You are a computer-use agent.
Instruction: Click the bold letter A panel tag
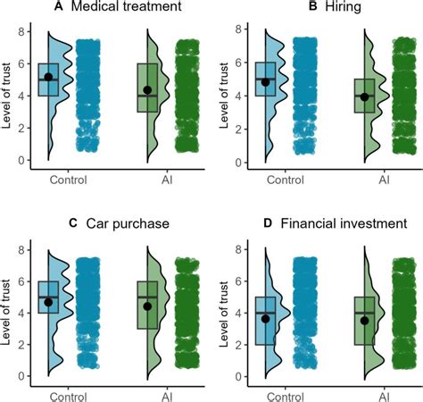tap(33, 8)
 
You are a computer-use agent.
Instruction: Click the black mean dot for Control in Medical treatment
tap(48, 77)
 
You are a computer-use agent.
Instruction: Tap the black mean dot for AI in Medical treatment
tap(147, 90)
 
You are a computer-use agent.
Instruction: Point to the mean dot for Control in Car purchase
tap(48, 302)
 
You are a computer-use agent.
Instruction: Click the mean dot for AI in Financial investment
tap(364, 319)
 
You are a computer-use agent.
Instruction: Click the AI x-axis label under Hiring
tap(384, 180)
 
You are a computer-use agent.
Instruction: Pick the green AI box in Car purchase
tap(147, 305)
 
